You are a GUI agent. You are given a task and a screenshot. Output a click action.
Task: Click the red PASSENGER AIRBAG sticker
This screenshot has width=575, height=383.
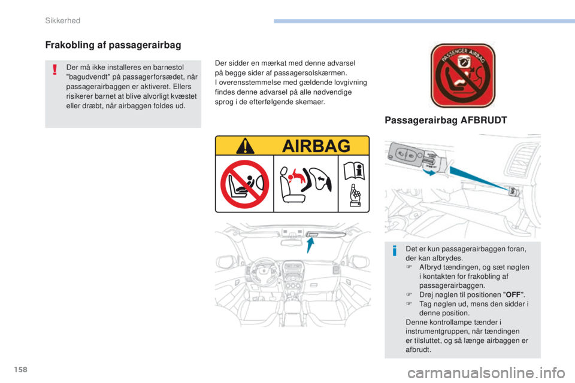[x=462, y=75]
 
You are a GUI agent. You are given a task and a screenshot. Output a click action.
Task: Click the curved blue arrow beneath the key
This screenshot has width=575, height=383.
[x=428, y=171]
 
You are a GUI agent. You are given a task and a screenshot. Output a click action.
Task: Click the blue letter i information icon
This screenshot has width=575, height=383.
[x=394, y=251]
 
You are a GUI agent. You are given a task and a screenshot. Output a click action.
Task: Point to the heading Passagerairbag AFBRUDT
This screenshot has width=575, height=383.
[x=446, y=120]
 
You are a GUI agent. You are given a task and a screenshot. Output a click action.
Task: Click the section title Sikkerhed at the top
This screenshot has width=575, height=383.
[x=63, y=21]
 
